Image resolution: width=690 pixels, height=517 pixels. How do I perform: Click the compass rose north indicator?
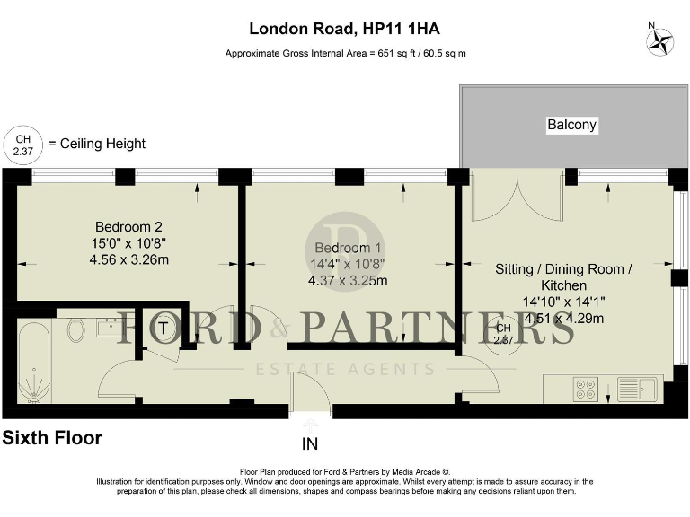pyautogui.click(x=660, y=40)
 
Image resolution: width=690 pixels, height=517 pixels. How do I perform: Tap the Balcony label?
pyautogui.click(x=571, y=125)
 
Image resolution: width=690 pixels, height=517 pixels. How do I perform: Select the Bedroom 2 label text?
pyautogui.click(x=128, y=227)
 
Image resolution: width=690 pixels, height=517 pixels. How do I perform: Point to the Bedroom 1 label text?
pyautogui.click(x=348, y=248)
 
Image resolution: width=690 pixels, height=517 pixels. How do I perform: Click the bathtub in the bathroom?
pyautogui.click(x=34, y=360)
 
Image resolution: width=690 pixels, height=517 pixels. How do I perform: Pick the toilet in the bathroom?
pyautogui.click(x=77, y=329)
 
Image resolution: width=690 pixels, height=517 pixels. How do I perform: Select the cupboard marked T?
pyautogui.click(x=162, y=329)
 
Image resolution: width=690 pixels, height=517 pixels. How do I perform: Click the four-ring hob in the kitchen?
pyautogui.click(x=586, y=390)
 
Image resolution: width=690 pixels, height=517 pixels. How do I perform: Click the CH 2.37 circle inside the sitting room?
pyautogui.click(x=503, y=334)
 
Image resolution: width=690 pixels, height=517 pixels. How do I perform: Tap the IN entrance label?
pyautogui.click(x=310, y=443)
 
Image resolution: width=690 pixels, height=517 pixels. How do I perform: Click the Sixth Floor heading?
pyautogui.click(x=52, y=439)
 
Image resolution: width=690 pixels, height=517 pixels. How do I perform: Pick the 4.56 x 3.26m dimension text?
pyautogui.click(x=128, y=259)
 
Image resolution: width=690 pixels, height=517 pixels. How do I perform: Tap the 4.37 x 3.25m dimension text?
pyautogui.click(x=348, y=280)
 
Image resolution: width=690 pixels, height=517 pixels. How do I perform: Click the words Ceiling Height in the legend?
pyautogui.click(x=103, y=144)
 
